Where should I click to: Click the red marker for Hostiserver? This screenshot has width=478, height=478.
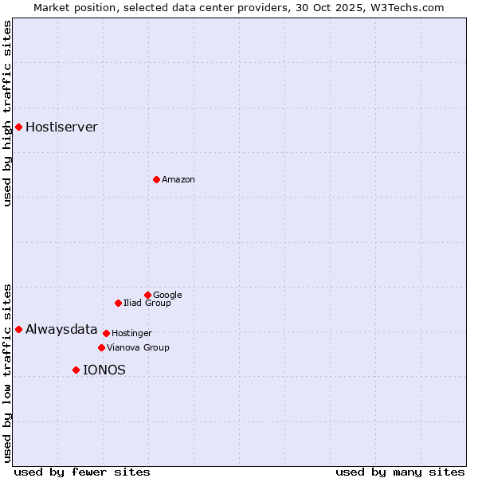[18, 127]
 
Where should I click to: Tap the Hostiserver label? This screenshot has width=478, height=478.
[61, 127]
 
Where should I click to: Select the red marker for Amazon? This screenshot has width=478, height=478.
[156, 179]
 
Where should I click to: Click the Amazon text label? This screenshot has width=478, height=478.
[178, 180]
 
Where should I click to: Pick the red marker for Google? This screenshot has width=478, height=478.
[147, 295]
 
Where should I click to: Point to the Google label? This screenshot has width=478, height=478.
[167, 296]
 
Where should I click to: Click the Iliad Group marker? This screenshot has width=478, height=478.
[118, 303]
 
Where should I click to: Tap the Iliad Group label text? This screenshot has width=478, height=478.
[147, 304]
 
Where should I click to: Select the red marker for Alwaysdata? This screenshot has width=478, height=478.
[18, 329]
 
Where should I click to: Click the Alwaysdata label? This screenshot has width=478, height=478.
[61, 329]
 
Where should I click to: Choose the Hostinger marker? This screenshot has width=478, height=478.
[106, 333]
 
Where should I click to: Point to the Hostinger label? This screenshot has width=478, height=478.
[131, 334]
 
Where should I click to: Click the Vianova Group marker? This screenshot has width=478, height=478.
[101, 347]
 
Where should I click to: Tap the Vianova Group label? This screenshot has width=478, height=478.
[138, 348]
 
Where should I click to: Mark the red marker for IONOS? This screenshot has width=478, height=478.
[76, 370]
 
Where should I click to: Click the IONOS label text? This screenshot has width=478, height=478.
[104, 370]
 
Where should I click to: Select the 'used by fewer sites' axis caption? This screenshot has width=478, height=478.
[82, 472]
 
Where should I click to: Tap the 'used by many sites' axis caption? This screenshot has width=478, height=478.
[400, 472]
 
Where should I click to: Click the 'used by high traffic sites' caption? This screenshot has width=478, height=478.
[7, 113]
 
